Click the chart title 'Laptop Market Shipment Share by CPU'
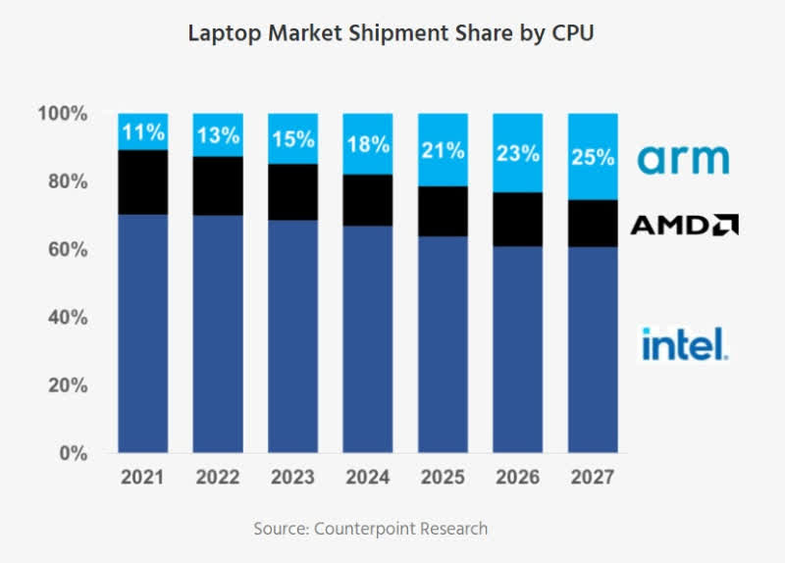pyautogui.click(x=392, y=32)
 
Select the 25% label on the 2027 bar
pyautogui.click(x=592, y=157)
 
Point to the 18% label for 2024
pyautogui.click(x=367, y=145)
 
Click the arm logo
pyautogui.click(x=683, y=159)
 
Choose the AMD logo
pyautogui.click(x=683, y=226)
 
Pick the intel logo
pyautogui.click(x=683, y=343)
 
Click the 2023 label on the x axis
pyautogui.click(x=292, y=478)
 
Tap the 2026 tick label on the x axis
pyautogui.click(x=517, y=478)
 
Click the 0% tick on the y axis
pyautogui.click(x=73, y=453)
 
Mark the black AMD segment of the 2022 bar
pyautogui.click(x=217, y=185)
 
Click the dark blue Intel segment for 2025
pyautogui.click(x=443, y=343)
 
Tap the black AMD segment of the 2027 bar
pyautogui.click(x=592, y=223)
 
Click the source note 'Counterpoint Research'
pyautogui.click(x=370, y=529)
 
